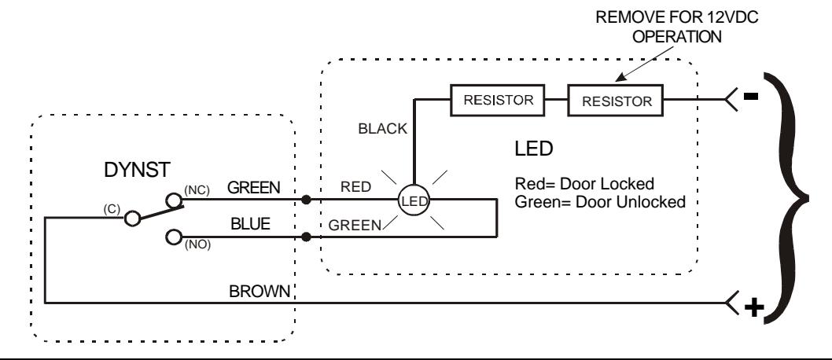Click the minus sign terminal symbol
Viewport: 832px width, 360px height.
click(751, 96)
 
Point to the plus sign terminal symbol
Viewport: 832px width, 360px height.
click(754, 307)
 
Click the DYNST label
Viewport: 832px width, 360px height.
click(137, 170)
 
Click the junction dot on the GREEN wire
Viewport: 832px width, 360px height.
click(306, 200)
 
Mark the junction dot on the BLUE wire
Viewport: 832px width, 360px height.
click(306, 237)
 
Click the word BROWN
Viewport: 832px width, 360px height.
click(260, 291)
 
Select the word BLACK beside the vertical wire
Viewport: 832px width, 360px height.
click(382, 128)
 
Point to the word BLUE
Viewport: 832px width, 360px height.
click(250, 224)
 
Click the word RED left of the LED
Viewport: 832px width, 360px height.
click(355, 186)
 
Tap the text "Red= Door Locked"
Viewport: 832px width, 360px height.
click(584, 184)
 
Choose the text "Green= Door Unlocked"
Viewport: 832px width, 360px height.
click(600, 202)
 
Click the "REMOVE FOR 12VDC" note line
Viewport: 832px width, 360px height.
click(677, 17)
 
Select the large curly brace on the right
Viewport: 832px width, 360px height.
click(788, 199)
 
